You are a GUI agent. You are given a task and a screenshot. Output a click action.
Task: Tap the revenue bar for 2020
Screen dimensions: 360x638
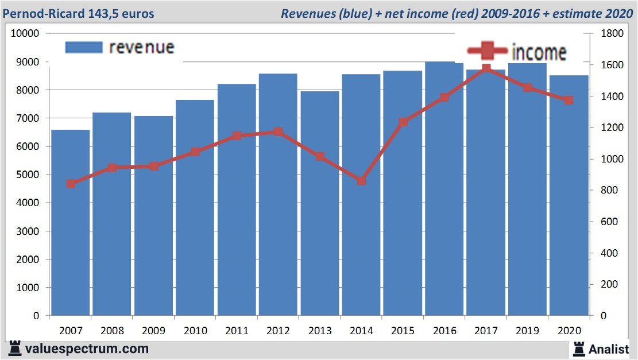click(x=569, y=195)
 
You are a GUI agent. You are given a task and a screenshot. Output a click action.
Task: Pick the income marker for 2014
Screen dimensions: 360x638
click(x=361, y=181)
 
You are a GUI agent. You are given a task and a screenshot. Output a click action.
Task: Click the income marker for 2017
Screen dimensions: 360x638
click(x=486, y=69)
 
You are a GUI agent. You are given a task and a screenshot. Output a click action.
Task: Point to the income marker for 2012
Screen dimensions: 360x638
click(x=278, y=132)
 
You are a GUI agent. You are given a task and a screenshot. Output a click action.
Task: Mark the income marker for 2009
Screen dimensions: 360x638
click(x=153, y=166)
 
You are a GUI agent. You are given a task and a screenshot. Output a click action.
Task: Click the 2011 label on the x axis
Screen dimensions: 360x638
click(x=237, y=331)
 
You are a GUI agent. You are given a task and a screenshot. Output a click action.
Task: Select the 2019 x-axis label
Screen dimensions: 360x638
click(x=527, y=331)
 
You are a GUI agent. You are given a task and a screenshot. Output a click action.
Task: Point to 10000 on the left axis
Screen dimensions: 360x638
click(x=25, y=33)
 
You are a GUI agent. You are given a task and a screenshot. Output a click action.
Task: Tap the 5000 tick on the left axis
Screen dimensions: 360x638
click(x=28, y=175)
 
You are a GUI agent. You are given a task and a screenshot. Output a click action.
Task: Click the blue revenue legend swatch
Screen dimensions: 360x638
click(x=83, y=47)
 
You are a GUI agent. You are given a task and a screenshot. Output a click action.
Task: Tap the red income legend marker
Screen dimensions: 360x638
click(x=488, y=52)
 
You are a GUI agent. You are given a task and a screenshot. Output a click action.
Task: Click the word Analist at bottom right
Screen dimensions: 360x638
click(x=609, y=349)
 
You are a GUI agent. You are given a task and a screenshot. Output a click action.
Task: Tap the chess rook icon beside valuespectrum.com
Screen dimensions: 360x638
click(x=15, y=348)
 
